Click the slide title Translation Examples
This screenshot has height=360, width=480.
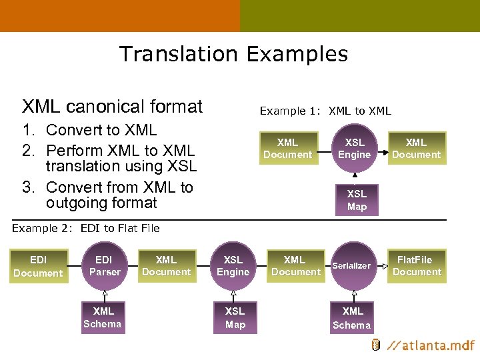(x=233, y=54)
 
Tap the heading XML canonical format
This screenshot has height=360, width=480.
(x=112, y=107)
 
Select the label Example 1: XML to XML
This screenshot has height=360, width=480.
(x=325, y=111)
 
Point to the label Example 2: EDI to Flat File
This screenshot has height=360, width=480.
(x=86, y=228)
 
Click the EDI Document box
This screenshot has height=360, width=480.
(x=38, y=266)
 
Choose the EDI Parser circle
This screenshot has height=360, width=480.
(x=105, y=265)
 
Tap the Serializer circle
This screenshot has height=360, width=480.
(x=353, y=266)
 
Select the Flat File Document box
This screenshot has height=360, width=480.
(x=417, y=265)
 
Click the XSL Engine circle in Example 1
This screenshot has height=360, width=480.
(x=354, y=148)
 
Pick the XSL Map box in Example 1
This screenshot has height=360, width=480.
(x=357, y=200)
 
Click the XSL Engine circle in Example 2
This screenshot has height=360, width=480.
(x=233, y=265)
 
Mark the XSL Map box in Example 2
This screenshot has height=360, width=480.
(x=235, y=317)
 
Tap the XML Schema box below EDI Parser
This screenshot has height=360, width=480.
(x=103, y=317)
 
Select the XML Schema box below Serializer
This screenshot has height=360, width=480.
(x=352, y=317)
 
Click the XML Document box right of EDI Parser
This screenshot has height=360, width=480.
(x=166, y=265)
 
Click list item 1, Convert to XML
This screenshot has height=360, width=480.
(x=101, y=130)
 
